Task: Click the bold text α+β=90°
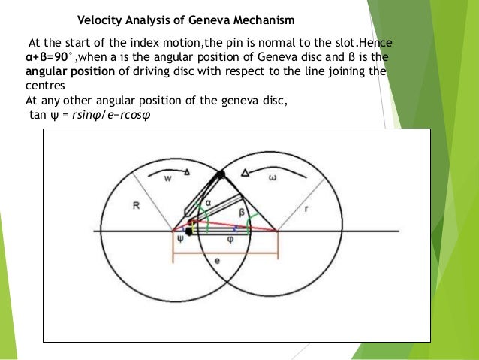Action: [50, 58]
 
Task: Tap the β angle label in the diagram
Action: [242, 212]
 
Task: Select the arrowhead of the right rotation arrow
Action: [243, 174]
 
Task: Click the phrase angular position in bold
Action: [60, 72]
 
